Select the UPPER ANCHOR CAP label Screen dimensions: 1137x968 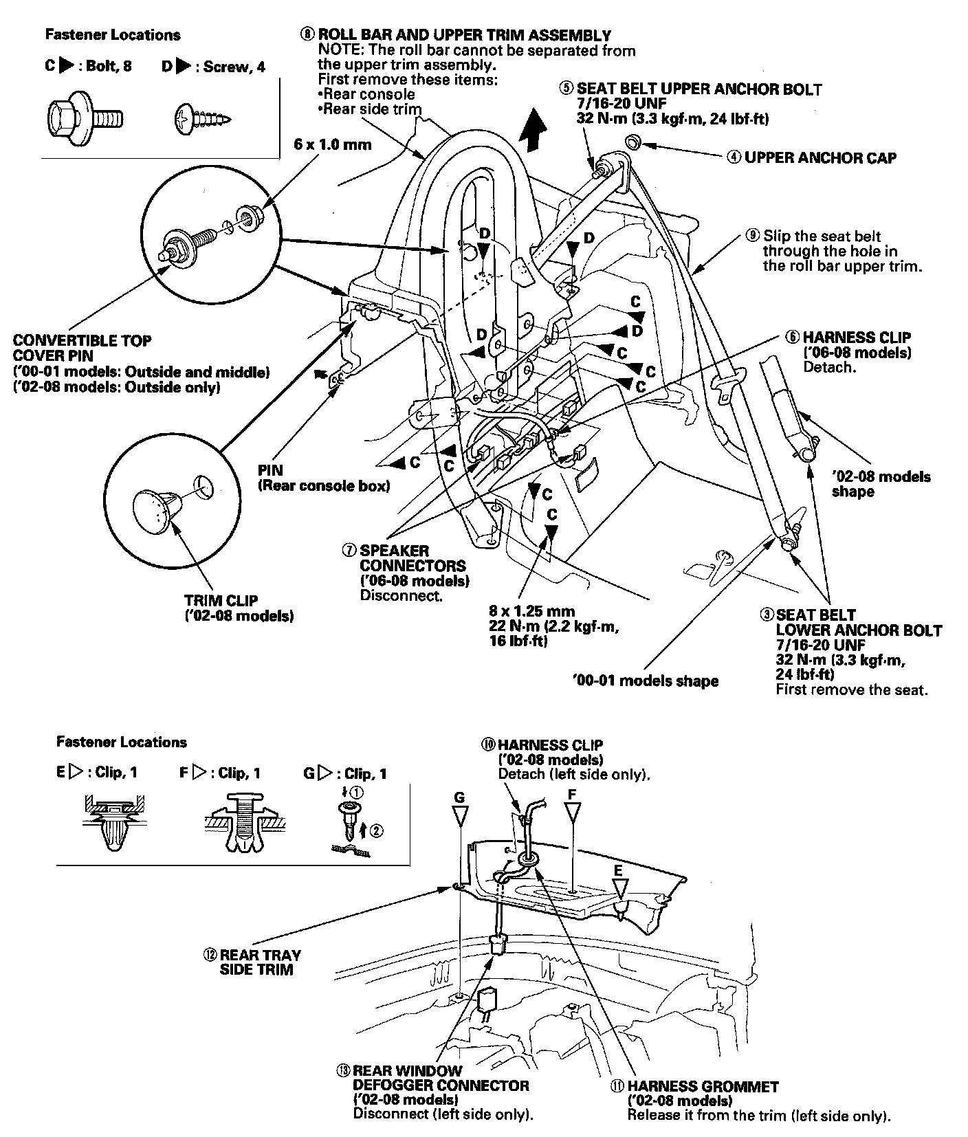[820, 158]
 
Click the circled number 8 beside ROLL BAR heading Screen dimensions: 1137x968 [307, 34]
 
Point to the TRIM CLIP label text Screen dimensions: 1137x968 [221, 601]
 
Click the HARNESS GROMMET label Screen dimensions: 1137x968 [703, 1087]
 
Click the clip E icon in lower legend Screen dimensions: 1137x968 [114, 821]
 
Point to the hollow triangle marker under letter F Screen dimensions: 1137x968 [572, 815]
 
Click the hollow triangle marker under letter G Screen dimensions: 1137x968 [459, 817]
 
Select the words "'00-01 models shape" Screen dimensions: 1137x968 [645, 681]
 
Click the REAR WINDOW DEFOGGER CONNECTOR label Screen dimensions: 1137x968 [441, 1085]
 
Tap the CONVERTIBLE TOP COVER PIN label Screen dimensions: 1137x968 [82, 348]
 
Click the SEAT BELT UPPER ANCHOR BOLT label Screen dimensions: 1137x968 [699, 89]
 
